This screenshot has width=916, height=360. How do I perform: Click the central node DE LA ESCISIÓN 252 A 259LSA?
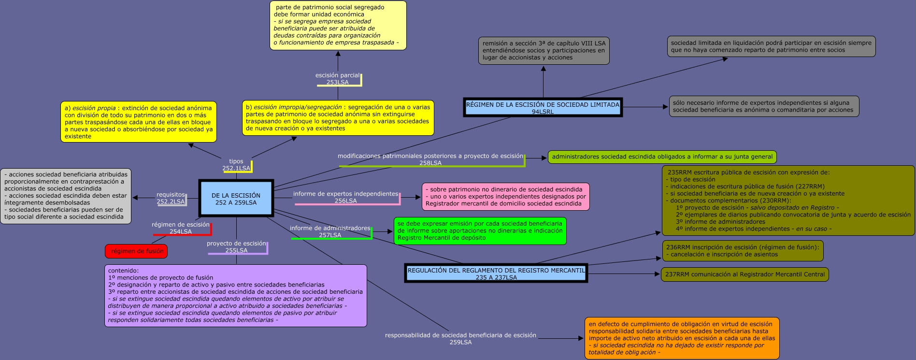(x=236, y=199)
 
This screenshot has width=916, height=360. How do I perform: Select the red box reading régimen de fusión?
(x=136, y=251)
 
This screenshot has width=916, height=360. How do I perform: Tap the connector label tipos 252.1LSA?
(x=236, y=165)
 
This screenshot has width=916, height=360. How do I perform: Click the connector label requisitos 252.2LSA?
(x=171, y=198)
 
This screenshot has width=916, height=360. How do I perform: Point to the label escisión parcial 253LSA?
(x=337, y=79)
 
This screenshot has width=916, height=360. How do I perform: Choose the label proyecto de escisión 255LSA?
(x=236, y=247)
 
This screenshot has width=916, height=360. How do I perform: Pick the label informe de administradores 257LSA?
(x=330, y=231)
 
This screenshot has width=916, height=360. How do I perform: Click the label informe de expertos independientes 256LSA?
(x=345, y=197)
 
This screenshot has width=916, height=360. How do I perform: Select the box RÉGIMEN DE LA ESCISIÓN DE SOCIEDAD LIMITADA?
(x=543, y=108)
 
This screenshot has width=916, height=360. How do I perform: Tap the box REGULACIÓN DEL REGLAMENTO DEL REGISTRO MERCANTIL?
(x=496, y=274)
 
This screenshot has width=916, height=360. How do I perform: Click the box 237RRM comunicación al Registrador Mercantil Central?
(x=744, y=274)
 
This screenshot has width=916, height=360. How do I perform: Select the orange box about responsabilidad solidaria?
(x=681, y=338)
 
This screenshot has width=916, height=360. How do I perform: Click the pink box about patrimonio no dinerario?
(x=505, y=197)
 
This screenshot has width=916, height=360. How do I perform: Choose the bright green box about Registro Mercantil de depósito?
(x=480, y=231)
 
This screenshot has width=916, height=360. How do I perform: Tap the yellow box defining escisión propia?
(x=139, y=122)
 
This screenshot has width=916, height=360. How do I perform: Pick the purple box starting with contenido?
(x=235, y=295)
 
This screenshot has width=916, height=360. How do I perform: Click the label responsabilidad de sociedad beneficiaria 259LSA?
(x=460, y=338)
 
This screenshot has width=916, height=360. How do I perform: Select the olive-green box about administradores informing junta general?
(x=662, y=157)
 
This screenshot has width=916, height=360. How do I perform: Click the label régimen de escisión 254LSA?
(x=181, y=228)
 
